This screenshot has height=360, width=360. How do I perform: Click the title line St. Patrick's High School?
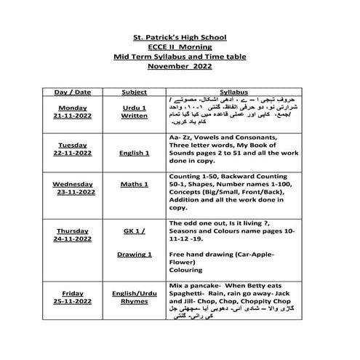tap(180, 36)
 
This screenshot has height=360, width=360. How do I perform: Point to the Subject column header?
tap(135, 93)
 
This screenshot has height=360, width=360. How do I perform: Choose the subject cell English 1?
tap(135, 153)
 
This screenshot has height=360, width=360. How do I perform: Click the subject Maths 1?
tap(135, 184)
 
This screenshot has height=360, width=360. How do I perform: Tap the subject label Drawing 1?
tap(135, 255)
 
